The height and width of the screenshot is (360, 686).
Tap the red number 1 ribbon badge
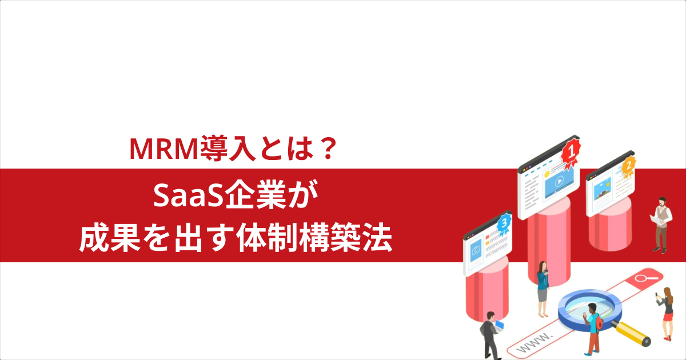pos(570,152)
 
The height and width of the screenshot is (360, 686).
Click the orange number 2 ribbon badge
pos(628,166)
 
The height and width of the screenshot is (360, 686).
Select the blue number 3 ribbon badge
pos(503,225)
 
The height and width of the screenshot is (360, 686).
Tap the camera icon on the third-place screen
pos(476,250)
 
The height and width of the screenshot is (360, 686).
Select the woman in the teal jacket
pos(542,289)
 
